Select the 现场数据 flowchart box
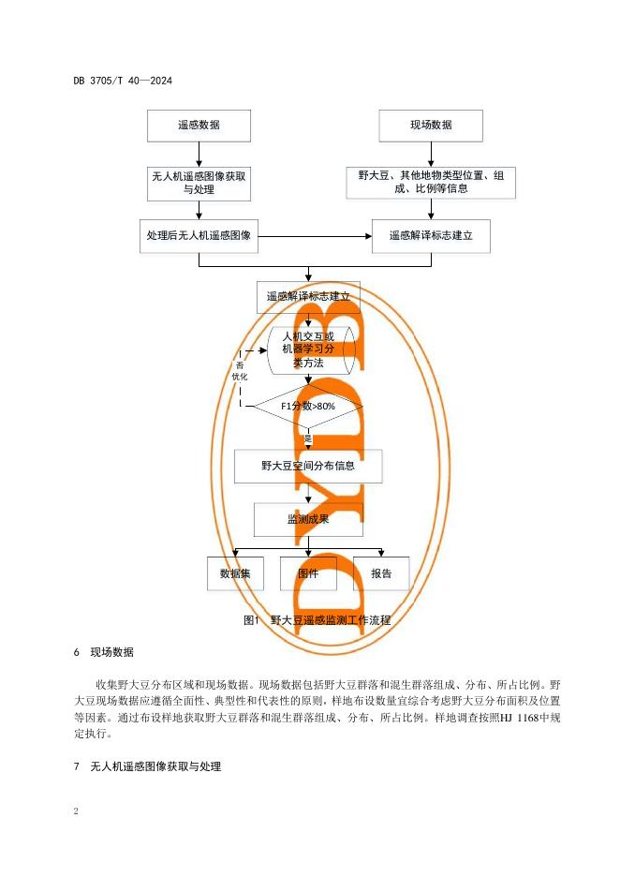pyautogui.click(x=431, y=126)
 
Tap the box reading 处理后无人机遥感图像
pyautogui.click(x=199, y=236)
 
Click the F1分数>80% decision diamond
pyautogui.click(x=307, y=406)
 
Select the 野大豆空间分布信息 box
pyautogui.click(x=308, y=465)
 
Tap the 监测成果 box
pyautogui.click(x=307, y=519)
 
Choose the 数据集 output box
pyautogui.click(x=235, y=573)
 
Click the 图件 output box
pyautogui.click(x=308, y=573)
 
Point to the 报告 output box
pyautogui.click(x=381, y=573)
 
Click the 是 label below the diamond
pyautogui.click(x=307, y=438)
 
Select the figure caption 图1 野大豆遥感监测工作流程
pyautogui.click(x=316, y=619)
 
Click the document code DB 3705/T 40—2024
pyautogui.click(x=122, y=80)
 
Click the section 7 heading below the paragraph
pyautogui.click(x=146, y=766)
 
